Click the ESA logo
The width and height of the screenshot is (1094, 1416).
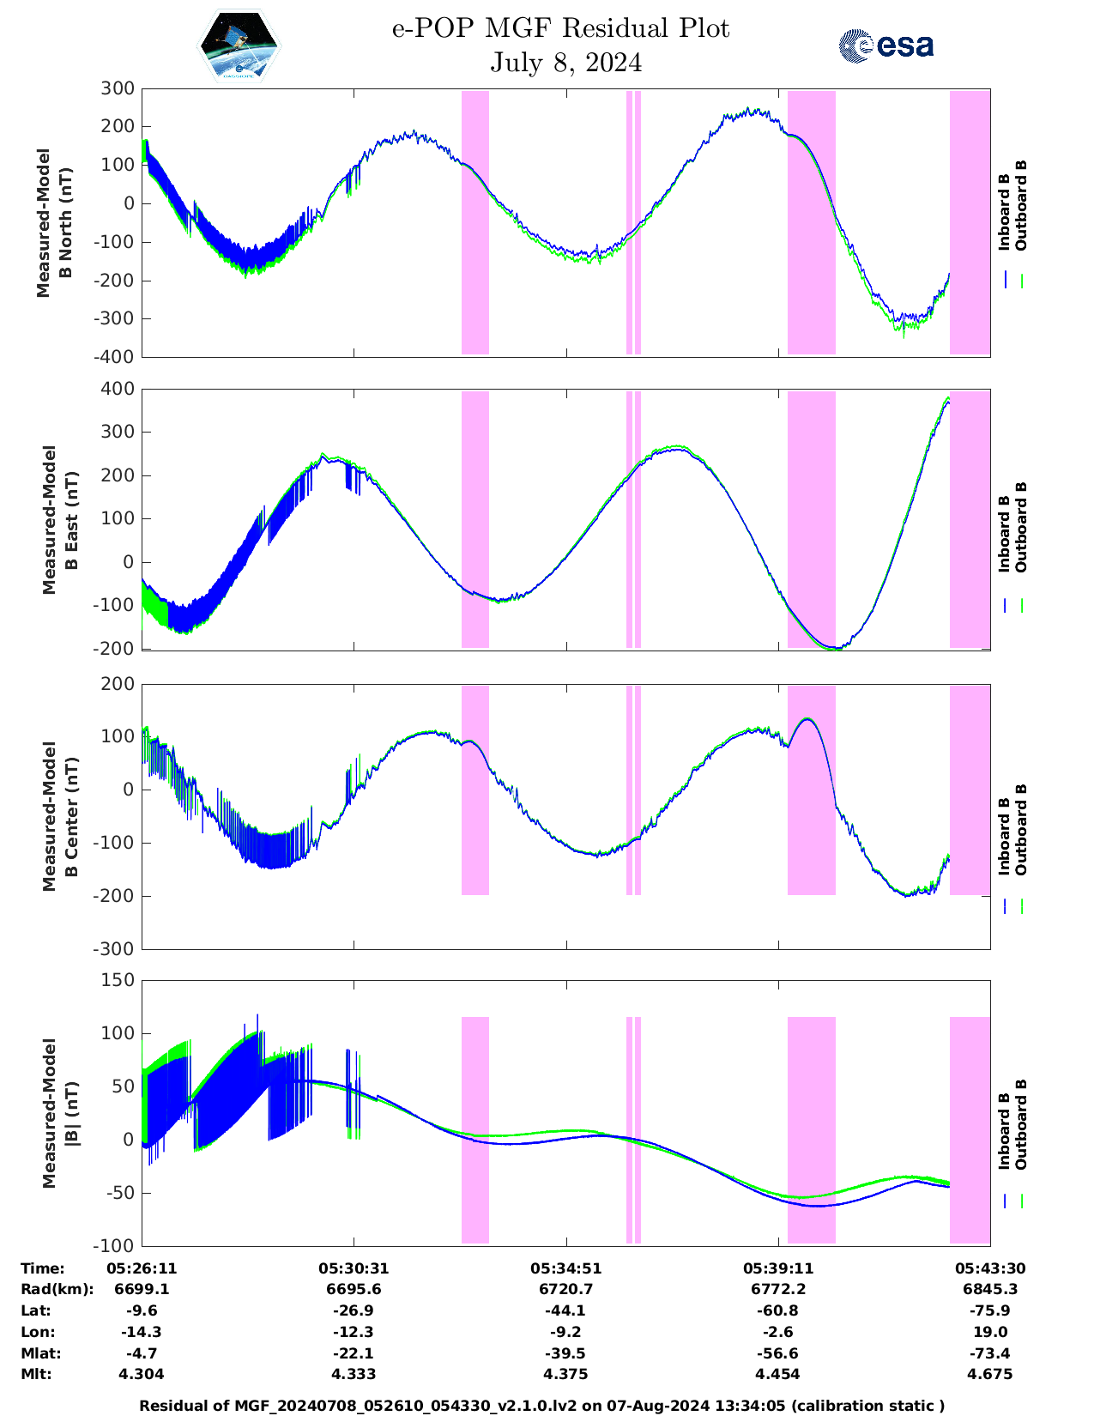point(885,45)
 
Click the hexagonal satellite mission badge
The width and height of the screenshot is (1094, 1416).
point(239,45)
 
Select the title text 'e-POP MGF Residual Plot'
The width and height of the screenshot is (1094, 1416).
point(561,28)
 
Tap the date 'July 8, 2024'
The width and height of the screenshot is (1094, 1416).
point(566,63)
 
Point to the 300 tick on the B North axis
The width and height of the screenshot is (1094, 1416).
point(118,88)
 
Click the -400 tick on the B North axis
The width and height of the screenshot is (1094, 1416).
point(116,357)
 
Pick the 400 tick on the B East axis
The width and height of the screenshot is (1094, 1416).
point(118,389)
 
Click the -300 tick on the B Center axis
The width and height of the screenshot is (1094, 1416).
point(116,949)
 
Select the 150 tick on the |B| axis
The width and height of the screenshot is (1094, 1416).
point(118,980)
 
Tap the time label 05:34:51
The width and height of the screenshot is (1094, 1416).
point(565,1268)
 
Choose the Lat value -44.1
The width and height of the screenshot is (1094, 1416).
point(565,1310)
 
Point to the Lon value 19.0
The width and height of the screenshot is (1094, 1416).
point(990,1332)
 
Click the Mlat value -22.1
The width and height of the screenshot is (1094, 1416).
point(353,1353)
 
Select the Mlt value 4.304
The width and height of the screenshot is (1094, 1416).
point(142,1374)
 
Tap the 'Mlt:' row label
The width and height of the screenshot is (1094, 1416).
point(36,1374)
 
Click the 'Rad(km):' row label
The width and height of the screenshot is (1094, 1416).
point(57,1289)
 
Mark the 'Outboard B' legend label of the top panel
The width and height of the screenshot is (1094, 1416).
point(1020,206)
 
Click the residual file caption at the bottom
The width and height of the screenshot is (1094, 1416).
point(541,1406)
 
